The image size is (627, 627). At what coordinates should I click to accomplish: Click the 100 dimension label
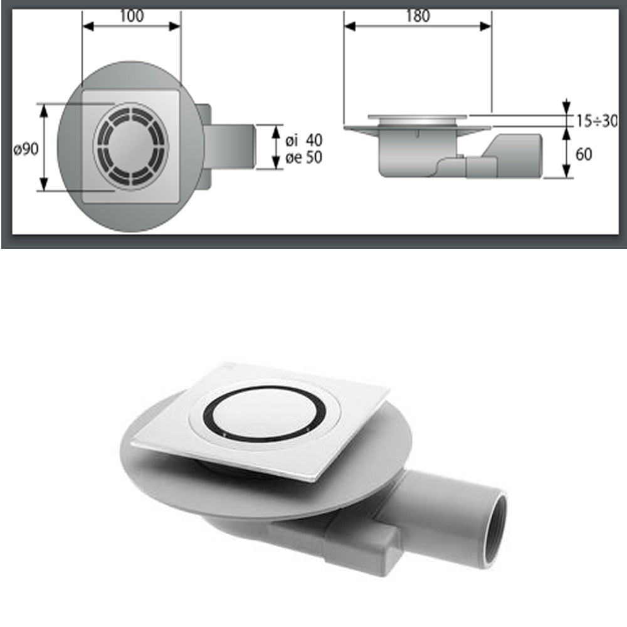tap(132, 16)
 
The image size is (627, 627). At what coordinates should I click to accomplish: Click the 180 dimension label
tap(418, 16)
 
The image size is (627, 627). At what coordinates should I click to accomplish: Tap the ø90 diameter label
tap(26, 149)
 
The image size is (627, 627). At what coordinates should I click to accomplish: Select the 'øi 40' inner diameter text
tap(303, 140)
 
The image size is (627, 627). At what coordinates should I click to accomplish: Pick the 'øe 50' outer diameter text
tap(303, 157)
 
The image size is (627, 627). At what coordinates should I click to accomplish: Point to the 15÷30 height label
tap(597, 120)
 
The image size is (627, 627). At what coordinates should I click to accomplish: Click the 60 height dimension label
tap(584, 154)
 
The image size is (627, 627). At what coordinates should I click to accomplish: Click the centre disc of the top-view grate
tap(131, 147)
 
